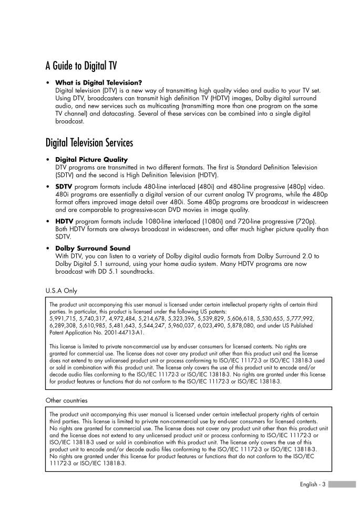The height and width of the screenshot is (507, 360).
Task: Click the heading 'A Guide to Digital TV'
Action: tap(81, 66)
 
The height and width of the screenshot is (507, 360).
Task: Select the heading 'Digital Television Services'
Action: tap(89, 142)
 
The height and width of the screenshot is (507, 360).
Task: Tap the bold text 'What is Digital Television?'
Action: tap(98, 82)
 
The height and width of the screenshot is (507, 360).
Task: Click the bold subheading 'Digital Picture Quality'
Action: tap(91, 159)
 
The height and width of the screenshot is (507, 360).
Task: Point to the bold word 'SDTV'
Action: tap(64, 187)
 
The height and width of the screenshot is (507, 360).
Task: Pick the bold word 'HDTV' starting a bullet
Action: tap(64, 221)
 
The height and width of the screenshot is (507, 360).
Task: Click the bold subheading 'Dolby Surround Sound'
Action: tap(92, 248)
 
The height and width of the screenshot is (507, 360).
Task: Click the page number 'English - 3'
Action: tap(313, 484)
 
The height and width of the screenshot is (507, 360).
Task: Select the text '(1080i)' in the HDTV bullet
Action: tap(210, 221)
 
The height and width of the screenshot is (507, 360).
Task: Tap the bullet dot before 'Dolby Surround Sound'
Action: tap(48, 248)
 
